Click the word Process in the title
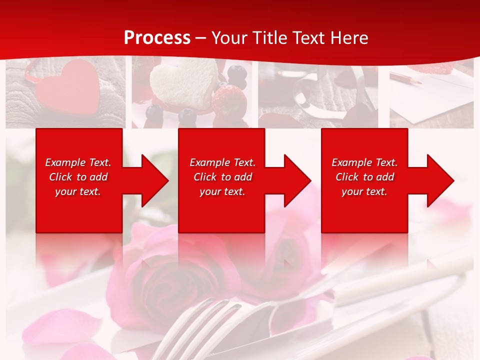[x=157, y=38]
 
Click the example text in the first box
[x=78, y=177]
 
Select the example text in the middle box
[x=222, y=177]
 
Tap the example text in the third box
[x=364, y=177]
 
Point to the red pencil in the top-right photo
[x=405, y=78]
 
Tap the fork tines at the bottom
[x=200, y=320]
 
